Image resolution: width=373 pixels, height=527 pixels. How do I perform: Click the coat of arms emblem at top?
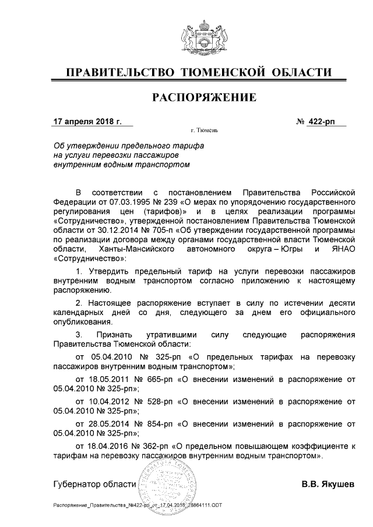click(x=204, y=36)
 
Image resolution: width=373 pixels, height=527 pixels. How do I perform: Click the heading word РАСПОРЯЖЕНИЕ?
click(x=204, y=98)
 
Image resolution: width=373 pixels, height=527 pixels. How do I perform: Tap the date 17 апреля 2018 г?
click(x=87, y=122)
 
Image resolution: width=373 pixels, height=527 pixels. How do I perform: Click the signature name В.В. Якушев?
click(x=327, y=484)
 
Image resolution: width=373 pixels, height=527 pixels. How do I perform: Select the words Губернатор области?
click(x=94, y=484)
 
